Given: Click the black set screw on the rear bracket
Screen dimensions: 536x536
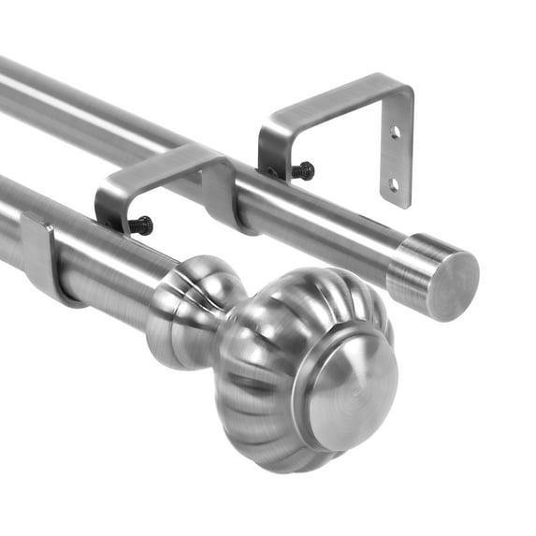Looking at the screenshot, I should click(x=302, y=171).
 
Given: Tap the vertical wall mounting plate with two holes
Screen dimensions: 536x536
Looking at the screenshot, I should click(x=397, y=150).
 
